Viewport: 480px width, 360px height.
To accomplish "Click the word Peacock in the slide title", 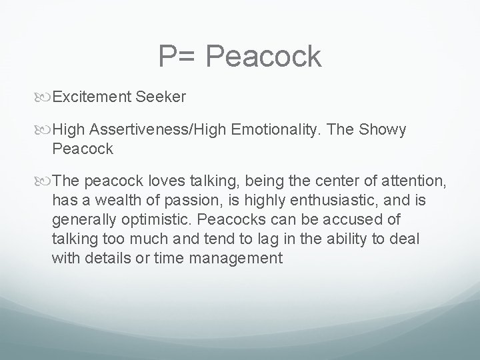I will tap(263, 57).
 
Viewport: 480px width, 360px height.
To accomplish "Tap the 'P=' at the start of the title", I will tap(178, 57).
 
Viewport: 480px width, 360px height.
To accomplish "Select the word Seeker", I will tap(161, 97).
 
